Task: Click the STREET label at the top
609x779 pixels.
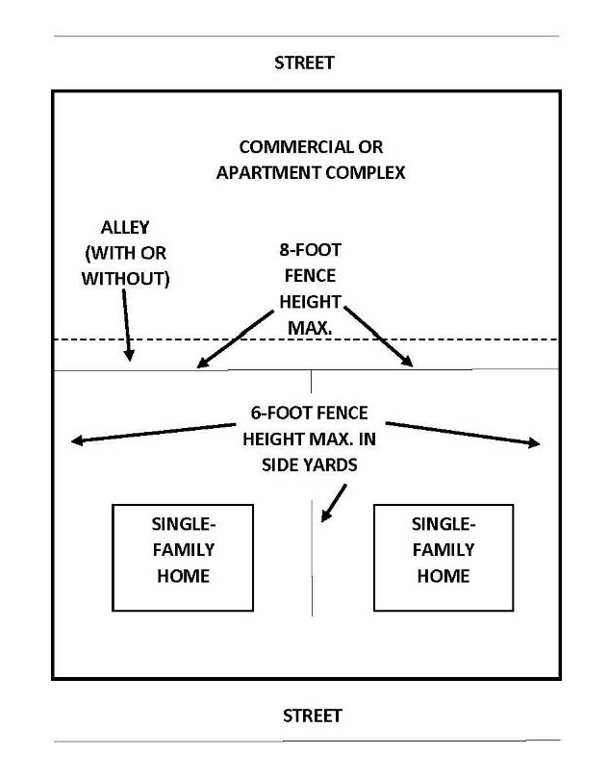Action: pos(304,63)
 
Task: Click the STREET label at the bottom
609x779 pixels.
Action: pos(312,716)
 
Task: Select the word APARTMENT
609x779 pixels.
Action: pos(270,174)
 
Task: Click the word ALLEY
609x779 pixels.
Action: pos(125,229)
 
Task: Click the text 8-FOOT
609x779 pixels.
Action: pos(310,251)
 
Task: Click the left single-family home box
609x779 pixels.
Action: pos(182,557)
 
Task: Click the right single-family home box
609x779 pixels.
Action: pos(443,557)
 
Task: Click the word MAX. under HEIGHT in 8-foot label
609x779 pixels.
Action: pos(310,328)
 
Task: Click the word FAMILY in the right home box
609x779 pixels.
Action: pos(443,550)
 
